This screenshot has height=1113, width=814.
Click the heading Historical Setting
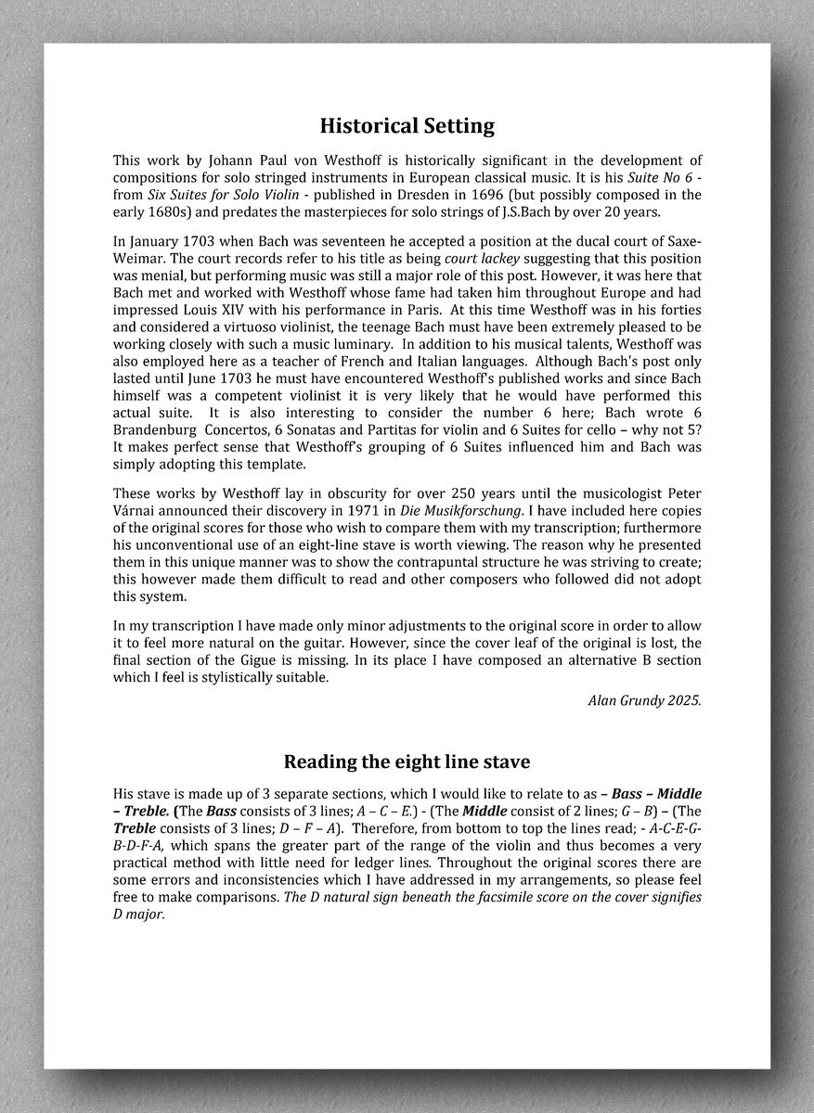(407, 125)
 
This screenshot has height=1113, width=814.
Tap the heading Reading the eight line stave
(407, 761)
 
